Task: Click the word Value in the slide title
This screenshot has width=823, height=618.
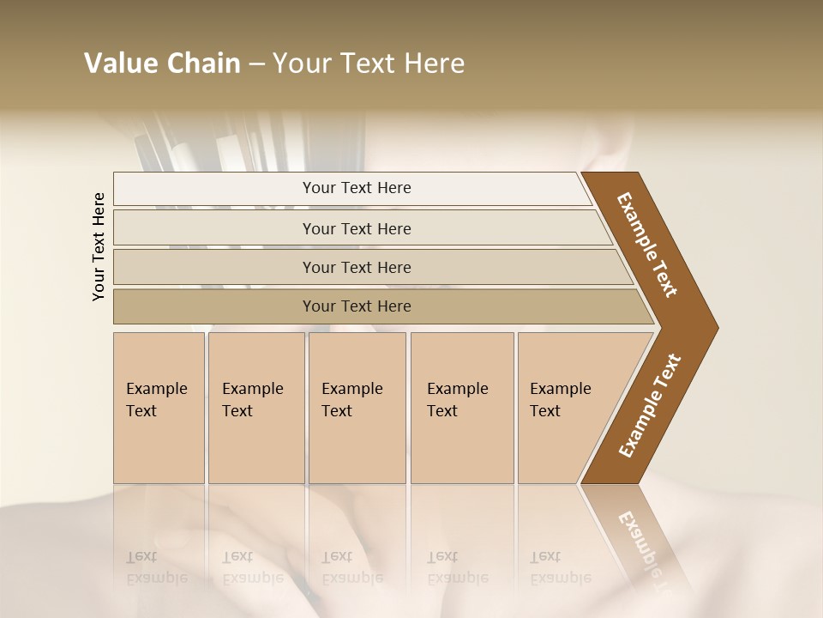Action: click(x=119, y=64)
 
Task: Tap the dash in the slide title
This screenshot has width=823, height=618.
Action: click(x=256, y=64)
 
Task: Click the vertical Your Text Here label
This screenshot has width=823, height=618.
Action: click(x=99, y=246)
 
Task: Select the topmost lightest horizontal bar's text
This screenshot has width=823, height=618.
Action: click(x=357, y=188)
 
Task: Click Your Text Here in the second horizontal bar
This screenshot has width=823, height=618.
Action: click(x=357, y=228)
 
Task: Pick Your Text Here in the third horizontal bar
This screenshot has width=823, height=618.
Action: click(x=357, y=267)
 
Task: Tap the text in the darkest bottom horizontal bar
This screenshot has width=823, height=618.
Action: click(x=357, y=306)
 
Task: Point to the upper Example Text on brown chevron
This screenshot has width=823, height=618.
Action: click(x=647, y=245)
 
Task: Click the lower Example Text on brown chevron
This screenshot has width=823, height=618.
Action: click(x=650, y=406)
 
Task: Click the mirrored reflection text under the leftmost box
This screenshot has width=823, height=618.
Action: click(x=157, y=567)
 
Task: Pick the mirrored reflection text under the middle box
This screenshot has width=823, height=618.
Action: click(x=352, y=567)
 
